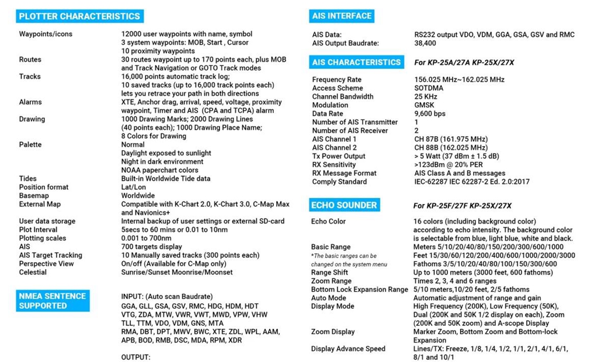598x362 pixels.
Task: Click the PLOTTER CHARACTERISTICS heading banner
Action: click(x=79, y=16)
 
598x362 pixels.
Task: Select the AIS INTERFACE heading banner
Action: click(x=342, y=16)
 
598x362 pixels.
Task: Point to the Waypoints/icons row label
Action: click(x=46, y=34)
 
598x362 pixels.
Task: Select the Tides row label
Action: click(x=27, y=179)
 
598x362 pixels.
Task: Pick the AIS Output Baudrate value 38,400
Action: click(x=425, y=43)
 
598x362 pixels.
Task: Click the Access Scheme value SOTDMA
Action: click(x=429, y=88)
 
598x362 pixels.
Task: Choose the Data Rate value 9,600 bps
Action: click(x=429, y=114)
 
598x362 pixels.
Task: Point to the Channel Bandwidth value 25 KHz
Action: click(x=425, y=96)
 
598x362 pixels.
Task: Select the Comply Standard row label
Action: click(x=339, y=182)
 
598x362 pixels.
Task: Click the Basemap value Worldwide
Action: click(x=138, y=196)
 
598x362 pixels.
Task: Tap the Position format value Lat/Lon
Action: click(x=135, y=187)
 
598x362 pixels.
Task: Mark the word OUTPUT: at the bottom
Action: click(x=135, y=357)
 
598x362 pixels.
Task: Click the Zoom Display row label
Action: click(x=333, y=332)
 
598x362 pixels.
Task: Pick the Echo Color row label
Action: click(x=328, y=221)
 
